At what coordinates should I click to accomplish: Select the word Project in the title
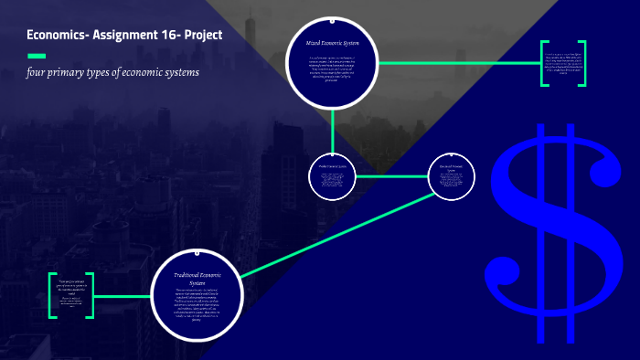tap(201, 36)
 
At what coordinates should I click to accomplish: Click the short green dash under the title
tap(37, 56)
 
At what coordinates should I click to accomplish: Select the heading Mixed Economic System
tap(332, 43)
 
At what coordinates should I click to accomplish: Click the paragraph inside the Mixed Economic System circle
tap(332, 68)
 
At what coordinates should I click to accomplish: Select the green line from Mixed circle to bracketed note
tap(457, 63)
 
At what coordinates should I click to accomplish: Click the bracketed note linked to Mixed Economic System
tap(562, 64)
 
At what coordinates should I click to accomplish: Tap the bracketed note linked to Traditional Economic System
tap(71, 295)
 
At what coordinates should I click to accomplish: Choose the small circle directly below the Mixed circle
tap(332, 175)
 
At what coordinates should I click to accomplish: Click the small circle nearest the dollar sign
tap(453, 175)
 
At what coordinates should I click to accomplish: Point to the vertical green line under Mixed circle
tap(332, 128)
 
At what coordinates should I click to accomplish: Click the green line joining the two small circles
tap(391, 175)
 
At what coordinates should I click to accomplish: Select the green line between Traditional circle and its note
tap(123, 296)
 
